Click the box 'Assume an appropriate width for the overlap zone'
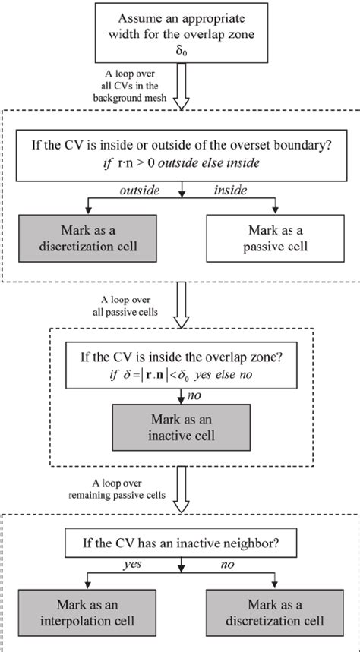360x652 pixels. coord(180,32)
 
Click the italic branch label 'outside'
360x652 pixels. coord(137,191)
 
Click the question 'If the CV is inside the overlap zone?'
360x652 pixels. coord(180,354)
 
